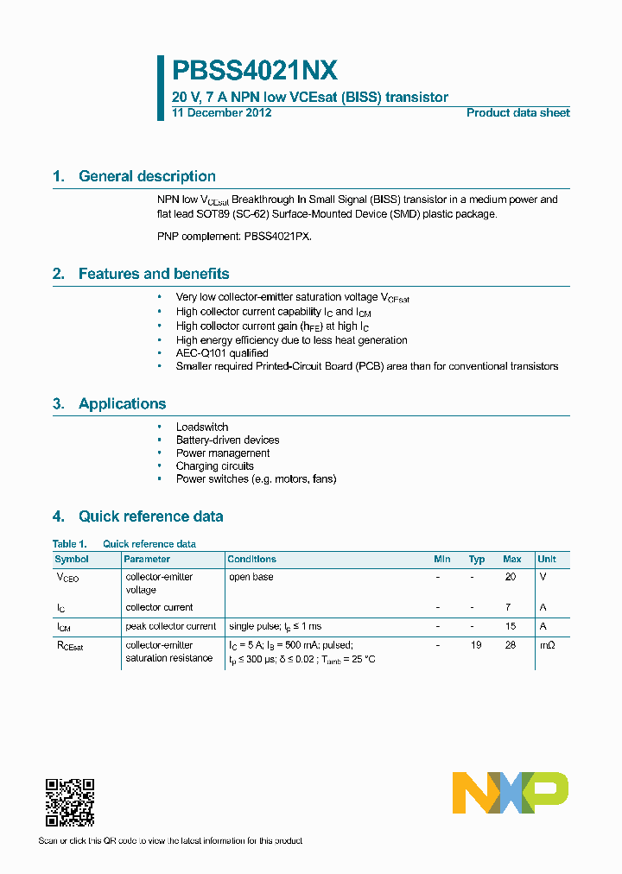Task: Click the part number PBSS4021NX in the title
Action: tap(255, 71)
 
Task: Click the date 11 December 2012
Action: tap(222, 112)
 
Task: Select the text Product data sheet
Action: tap(517, 112)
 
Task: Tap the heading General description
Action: tap(147, 176)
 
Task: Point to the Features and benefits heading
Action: tap(154, 274)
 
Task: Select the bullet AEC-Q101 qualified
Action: tap(222, 353)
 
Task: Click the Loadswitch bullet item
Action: tap(202, 427)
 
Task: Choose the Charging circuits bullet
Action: tap(214, 465)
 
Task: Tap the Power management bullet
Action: tap(223, 453)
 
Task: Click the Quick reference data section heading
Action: tap(150, 516)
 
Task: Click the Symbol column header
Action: tap(72, 559)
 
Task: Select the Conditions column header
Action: tap(251, 559)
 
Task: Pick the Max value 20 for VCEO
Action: tap(510, 576)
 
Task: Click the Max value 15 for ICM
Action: tap(510, 626)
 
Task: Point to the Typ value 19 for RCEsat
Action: tap(476, 645)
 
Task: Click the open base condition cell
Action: tap(251, 576)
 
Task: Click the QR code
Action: tap(69, 802)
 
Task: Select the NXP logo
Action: tap(511, 792)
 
